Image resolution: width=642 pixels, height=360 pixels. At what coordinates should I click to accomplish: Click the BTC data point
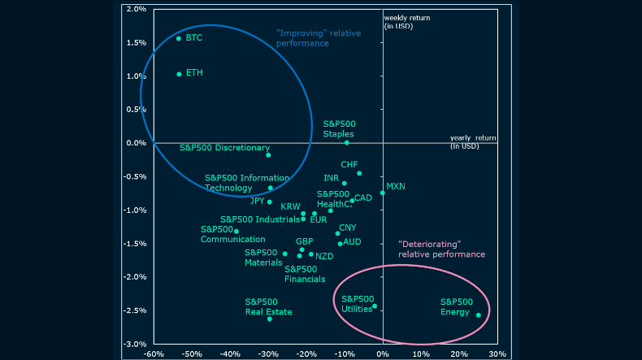[179, 38]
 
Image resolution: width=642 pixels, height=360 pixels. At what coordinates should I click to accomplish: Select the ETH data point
[179, 74]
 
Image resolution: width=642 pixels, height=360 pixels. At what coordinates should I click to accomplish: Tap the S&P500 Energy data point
[479, 315]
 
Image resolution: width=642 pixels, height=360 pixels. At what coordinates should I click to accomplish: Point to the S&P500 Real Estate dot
[270, 319]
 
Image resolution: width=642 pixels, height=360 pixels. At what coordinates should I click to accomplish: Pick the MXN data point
[383, 193]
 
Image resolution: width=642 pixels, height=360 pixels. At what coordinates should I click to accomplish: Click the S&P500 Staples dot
[346, 143]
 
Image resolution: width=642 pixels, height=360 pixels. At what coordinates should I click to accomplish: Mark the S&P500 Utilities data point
[375, 306]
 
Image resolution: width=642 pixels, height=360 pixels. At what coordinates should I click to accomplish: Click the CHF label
[349, 164]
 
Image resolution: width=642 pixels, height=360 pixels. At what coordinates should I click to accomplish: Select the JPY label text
[258, 201]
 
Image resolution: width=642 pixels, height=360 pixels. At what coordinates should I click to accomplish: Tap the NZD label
[325, 256]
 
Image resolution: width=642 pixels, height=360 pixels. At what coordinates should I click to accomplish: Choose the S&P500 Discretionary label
[224, 148]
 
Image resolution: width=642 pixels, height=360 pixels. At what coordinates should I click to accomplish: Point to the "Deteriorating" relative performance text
[441, 249]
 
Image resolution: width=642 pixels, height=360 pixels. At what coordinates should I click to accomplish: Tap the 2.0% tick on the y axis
[136, 9]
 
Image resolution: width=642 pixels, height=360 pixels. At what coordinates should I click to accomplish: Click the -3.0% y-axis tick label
[135, 344]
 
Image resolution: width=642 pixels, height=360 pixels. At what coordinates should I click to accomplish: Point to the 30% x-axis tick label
[497, 353]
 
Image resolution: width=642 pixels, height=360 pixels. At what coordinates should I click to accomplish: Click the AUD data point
[340, 243]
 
